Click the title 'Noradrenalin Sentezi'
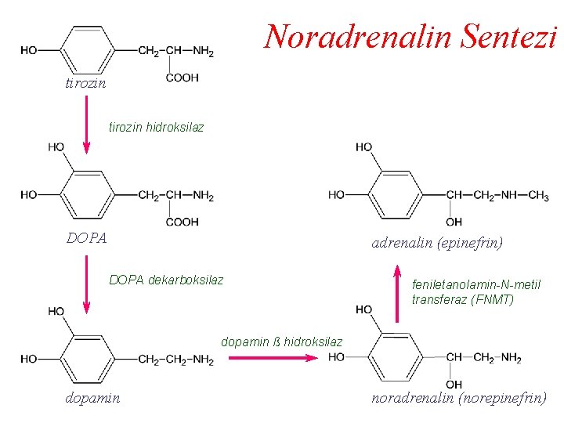(x=410, y=36)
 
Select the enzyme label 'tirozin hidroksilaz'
(x=156, y=127)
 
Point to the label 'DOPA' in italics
(x=87, y=237)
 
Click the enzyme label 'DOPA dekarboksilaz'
(x=166, y=280)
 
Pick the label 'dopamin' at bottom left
(x=93, y=398)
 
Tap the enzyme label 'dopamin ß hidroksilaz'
(x=282, y=342)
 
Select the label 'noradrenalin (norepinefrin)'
(x=459, y=398)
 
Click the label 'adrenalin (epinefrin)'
(x=437, y=243)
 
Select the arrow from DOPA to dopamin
(x=86, y=280)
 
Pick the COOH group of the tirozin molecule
(x=183, y=78)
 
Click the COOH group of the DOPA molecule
(x=183, y=222)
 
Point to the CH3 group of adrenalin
(x=538, y=195)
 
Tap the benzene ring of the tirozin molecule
(x=87, y=51)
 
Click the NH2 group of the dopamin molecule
(x=203, y=360)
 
